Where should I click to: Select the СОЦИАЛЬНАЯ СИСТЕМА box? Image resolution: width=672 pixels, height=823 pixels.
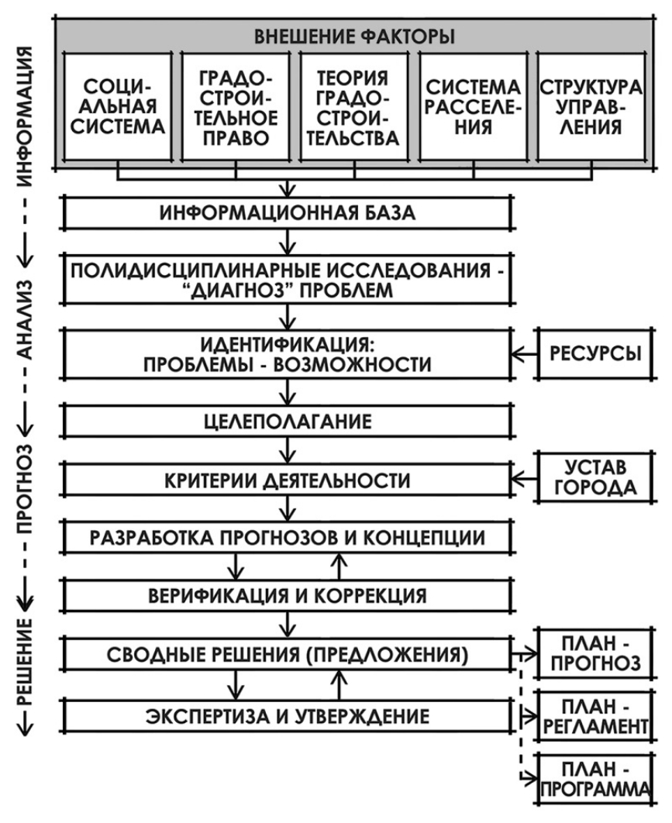[x=117, y=105]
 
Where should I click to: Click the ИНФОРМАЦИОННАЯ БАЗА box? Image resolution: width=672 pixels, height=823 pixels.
[x=288, y=215]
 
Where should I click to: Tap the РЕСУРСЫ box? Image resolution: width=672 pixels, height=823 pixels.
[x=596, y=355]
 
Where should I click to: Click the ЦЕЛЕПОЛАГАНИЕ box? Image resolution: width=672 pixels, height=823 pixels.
[x=288, y=423]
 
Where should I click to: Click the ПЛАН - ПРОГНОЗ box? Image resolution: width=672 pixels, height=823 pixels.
[x=596, y=653]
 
